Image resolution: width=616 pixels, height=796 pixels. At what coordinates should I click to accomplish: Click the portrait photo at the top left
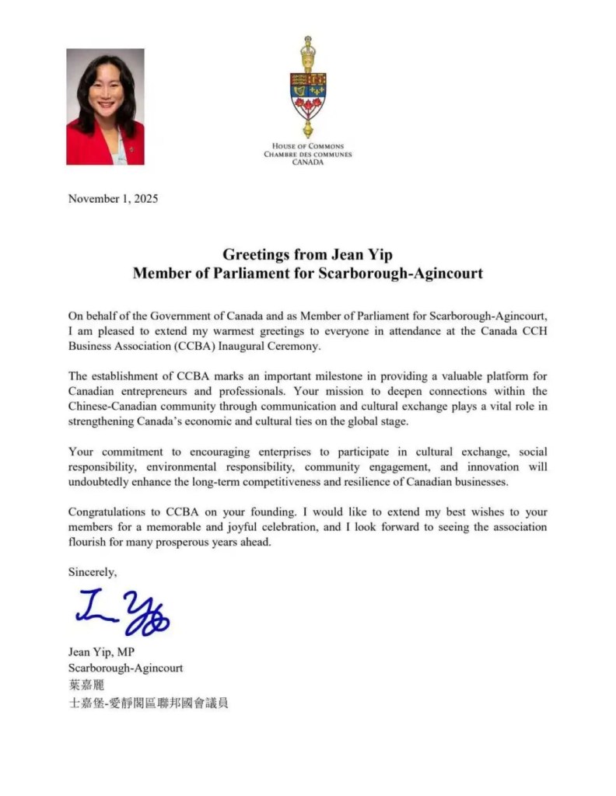[105, 107]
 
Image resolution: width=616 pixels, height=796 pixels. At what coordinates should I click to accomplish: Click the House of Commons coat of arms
[308, 87]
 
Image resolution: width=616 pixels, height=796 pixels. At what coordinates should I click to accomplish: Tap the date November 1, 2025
[113, 198]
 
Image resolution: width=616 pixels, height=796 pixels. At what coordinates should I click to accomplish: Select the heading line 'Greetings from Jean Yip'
[307, 254]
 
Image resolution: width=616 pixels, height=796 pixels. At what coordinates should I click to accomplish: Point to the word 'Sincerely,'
[93, 571]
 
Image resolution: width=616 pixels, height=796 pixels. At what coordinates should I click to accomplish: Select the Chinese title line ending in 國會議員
[149, 703]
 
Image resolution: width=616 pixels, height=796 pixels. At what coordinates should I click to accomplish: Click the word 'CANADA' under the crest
[308, 162]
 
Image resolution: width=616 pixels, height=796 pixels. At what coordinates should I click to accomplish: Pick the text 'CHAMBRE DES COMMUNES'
[308, 154]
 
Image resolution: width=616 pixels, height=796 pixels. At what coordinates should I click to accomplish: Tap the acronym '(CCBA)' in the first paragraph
[178, 344]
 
